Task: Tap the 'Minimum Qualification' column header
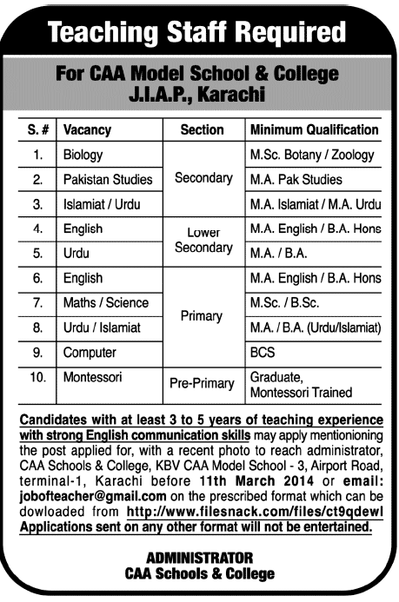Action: [315, 130]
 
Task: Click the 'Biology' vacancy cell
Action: [83, 155]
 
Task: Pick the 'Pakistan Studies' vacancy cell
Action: [108, 180]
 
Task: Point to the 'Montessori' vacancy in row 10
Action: [93, 379]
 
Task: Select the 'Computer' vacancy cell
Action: [88, 354]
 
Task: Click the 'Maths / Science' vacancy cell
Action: [105, 303]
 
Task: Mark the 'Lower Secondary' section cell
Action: [203, 241]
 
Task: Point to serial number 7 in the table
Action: [37, 303]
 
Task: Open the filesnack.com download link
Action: [252, 513]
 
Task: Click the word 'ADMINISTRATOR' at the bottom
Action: [199, 557]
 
